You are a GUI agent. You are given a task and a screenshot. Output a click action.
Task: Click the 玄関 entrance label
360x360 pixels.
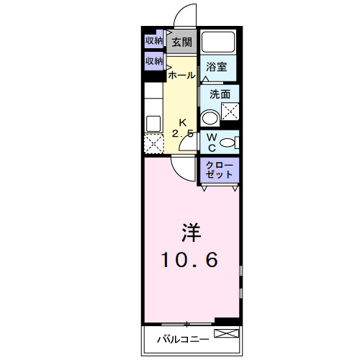click(x=181, y=42)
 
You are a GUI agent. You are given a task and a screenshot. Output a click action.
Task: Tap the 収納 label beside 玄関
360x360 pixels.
click(x=154, y=40)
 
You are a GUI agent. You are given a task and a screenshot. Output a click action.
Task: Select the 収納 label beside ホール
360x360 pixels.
click(x=154, y=61)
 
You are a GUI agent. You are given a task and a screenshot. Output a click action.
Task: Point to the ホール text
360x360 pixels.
click(x=180, y=75)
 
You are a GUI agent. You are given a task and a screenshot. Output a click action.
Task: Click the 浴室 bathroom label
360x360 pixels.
click(x=217, y=67)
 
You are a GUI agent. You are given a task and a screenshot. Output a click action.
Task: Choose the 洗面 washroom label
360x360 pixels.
click(x=220, y=94)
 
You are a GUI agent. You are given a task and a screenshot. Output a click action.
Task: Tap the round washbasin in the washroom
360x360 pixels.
click(x=210, y=117)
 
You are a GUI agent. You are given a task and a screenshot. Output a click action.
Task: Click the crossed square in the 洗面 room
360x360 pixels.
click(x=230, y=112)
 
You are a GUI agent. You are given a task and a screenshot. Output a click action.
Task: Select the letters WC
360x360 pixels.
click(x=212, y=141)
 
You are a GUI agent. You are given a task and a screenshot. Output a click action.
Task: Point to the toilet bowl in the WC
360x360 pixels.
click(x=228, y=141)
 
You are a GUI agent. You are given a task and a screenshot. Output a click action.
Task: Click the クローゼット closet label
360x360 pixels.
click(x=219, y=170)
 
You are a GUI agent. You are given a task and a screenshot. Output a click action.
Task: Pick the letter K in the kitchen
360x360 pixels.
click(x=182, y=122)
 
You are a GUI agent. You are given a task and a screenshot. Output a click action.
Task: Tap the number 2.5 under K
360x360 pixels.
click(x=182, y=133)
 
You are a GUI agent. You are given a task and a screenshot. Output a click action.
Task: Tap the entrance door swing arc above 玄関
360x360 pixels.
click(x=186, y=16)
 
